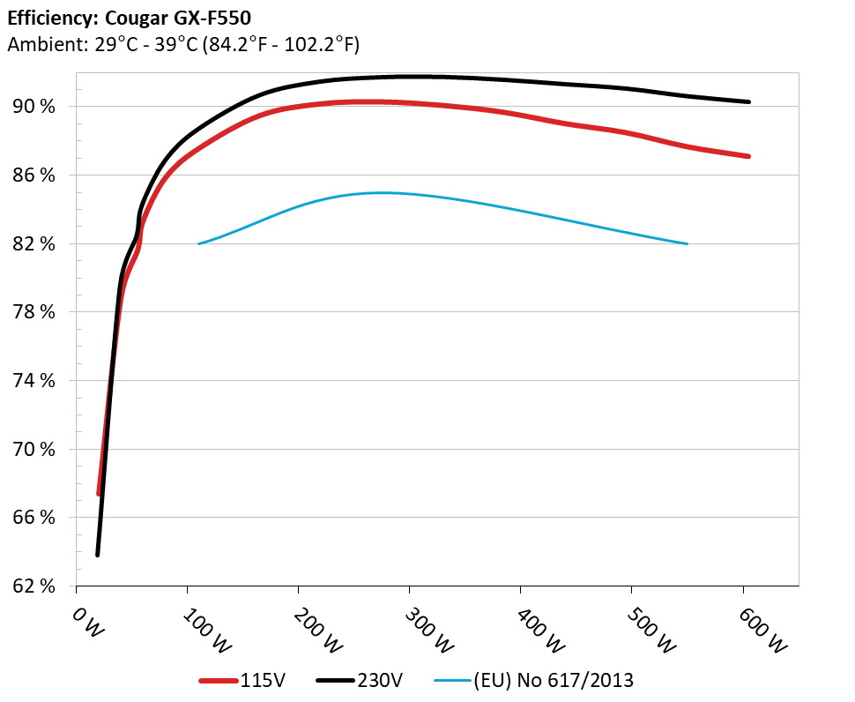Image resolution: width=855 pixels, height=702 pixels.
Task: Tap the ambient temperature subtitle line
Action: pyautogui.click(x=182, y=44)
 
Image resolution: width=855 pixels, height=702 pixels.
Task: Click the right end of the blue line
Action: pyautogui.click(x=687, y=243)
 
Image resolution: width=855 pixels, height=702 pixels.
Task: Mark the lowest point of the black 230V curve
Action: pyautogui.click(x=97, y=555)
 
